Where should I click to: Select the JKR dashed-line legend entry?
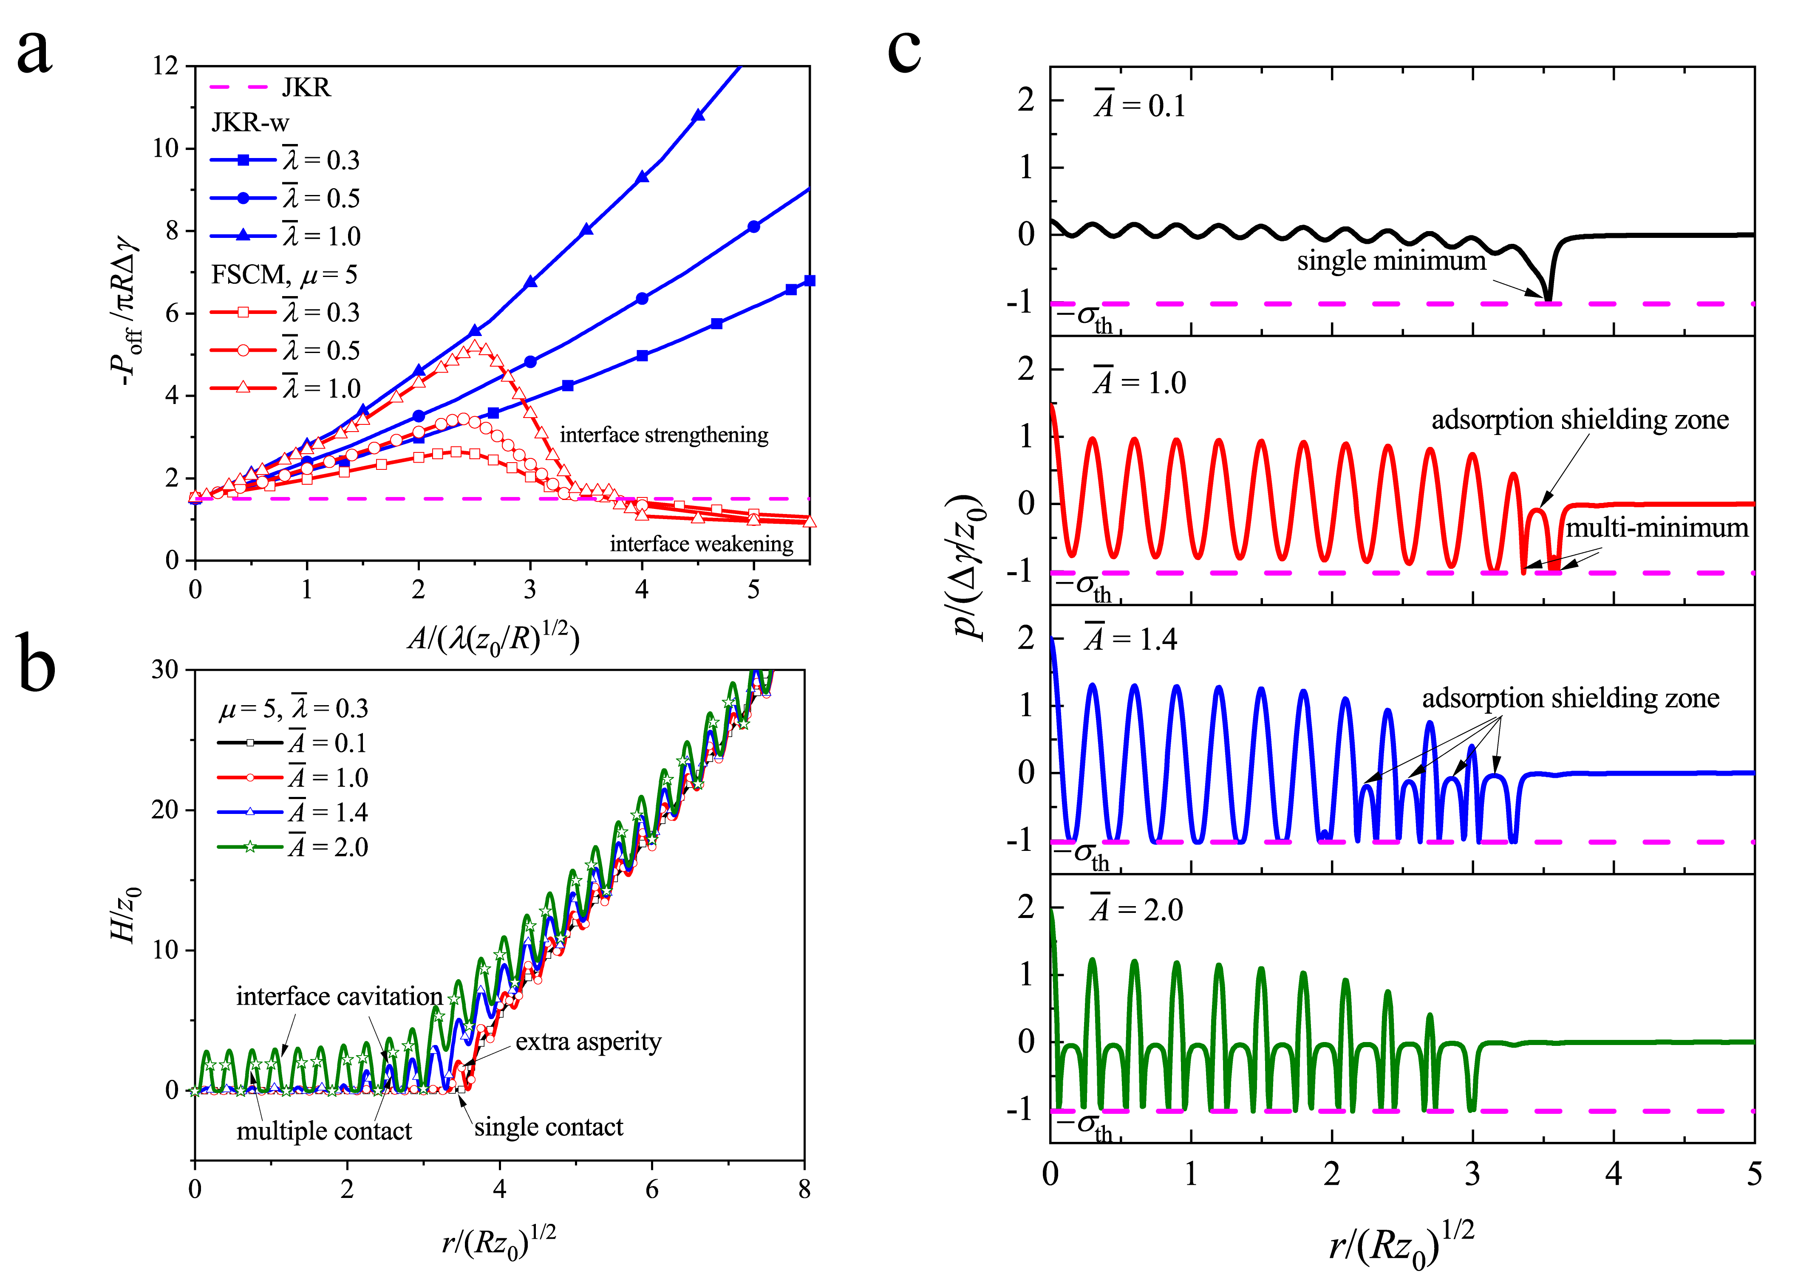(269, 87)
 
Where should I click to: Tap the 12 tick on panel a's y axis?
(166, 66)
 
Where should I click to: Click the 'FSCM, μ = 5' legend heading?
(283, 274)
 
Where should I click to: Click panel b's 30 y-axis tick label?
(164, 669)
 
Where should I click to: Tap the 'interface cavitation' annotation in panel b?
(339, 996)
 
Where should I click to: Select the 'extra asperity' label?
(588, 1042)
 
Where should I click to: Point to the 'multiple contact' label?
(324, 1131)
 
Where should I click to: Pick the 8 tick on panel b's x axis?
(804, 1189)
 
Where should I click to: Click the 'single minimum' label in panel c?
(1390, 260)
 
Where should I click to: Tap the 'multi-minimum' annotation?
(1656, 528)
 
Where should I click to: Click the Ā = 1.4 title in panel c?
(1131, 639)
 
